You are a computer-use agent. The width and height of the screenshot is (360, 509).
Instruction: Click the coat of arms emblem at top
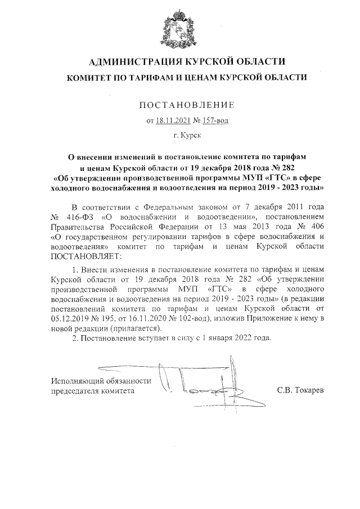click(180, 28)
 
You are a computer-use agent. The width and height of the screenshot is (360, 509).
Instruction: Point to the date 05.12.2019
click(70, 318)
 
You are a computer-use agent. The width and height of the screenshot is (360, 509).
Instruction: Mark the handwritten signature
click(197, 382)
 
